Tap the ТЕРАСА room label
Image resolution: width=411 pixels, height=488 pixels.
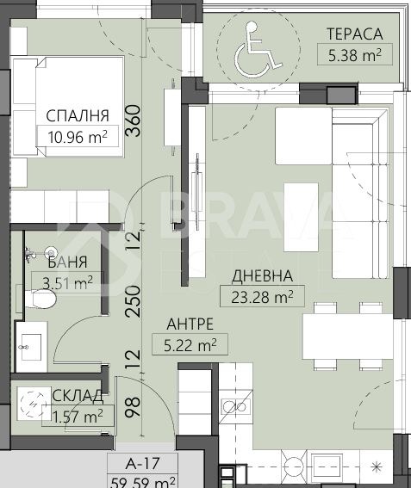click(x=355, y=34)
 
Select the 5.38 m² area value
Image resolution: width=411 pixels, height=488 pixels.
click(x=355, y=55)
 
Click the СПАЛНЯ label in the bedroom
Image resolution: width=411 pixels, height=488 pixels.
click(x=78, y=115)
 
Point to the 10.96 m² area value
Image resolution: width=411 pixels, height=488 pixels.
click(x=78, y=137)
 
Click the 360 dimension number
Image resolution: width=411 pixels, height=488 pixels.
click(x=133, y=120)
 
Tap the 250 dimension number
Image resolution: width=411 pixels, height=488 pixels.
click(x=133, y=301)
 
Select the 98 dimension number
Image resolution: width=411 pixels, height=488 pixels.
click(x=133, y=407)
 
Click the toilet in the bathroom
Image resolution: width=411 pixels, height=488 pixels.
click(x=40, y=299)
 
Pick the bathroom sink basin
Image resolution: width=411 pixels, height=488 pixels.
click(x=31, y=347)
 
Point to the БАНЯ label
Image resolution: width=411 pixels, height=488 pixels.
click(x=67, y=263)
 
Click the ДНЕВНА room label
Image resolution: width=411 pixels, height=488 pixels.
click(x=262, y=275)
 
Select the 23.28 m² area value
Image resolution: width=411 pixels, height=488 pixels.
click(x=262, y=297)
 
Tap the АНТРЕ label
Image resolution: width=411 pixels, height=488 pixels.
click(x=190, y=324)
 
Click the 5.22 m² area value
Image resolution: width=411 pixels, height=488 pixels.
click(x=190, y=345)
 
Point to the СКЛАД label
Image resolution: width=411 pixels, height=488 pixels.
click(x=78, y=396)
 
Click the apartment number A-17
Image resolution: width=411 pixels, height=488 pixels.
click(x=143, y=463)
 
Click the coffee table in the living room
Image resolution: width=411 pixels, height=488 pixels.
click(x=301, y=217)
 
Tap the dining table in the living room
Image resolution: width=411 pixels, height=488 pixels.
click(x=348, y=337)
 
